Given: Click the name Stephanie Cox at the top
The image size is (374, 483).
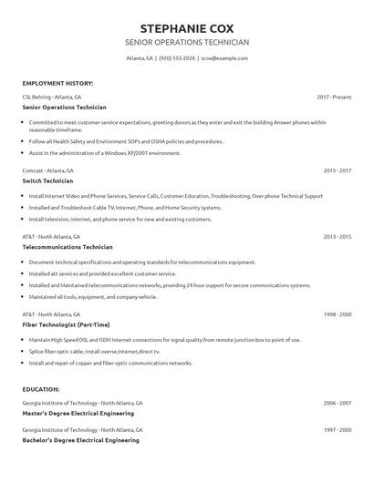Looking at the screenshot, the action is point(186,26).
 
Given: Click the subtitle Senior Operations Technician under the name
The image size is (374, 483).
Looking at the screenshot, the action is point(186,42).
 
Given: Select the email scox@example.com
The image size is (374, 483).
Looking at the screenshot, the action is point(224,58).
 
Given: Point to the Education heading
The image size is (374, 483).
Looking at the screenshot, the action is point(41,389).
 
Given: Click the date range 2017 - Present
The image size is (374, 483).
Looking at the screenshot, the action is point(334,96).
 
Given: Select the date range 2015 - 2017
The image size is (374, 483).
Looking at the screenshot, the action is point(337,170).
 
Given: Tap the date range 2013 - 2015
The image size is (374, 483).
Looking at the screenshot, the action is point(337,236).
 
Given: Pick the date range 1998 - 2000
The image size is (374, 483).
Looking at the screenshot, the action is point(337,313).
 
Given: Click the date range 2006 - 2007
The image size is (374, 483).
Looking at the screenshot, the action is point(337,402).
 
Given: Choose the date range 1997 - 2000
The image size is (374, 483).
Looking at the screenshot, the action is point(337,427).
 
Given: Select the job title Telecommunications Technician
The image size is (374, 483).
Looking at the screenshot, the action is point(68,247).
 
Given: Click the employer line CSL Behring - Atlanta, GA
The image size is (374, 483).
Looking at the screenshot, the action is point(51,96).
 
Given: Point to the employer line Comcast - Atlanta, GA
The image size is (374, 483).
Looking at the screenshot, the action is point(47,170).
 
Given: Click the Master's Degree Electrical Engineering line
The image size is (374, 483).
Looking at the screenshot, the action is point(80,413).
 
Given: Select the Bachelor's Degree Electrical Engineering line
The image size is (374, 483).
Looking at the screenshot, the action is point(80,438).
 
